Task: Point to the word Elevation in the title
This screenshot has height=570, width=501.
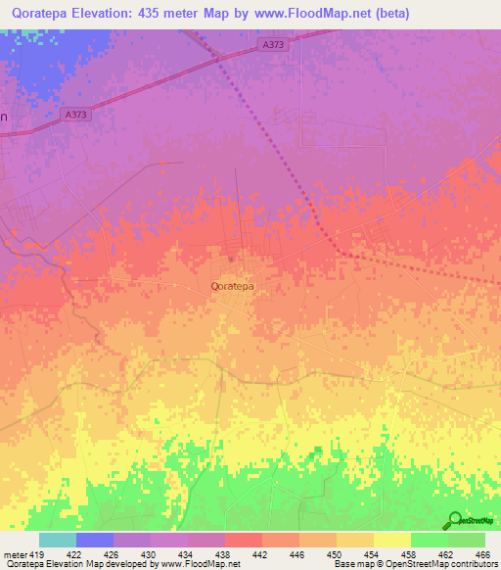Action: [x=112, y=14]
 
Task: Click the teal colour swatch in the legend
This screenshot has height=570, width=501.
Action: [x=58, y=540]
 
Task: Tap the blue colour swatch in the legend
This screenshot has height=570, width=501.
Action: [x=95, y=540]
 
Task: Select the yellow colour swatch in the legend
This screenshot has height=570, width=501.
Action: [x=391, y=540]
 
